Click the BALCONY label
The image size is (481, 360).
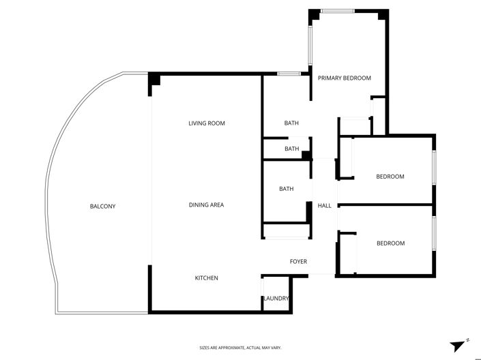(x=102, y=206)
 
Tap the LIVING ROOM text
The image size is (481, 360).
(x=207, y=123)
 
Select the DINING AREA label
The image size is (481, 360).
(x=207, y=205)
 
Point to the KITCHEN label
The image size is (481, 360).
(x=207, y=278)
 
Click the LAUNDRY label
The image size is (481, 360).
(x=276, y=299)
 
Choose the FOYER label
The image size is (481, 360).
(x=298, y=262)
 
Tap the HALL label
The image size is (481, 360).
(x=324, y=206)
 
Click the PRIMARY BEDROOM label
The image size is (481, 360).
(x=345, y=78)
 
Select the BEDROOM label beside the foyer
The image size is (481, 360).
(x=390, y=243)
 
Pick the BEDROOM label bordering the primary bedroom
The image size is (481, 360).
(x=390, y=177)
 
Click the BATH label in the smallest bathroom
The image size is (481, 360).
(x=291, y=149)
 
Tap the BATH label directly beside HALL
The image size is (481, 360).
(x=286, y=189)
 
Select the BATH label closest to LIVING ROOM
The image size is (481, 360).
(x=291, y=123)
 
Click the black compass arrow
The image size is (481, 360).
(x=457, y=346)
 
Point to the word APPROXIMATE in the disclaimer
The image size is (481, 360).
(x=231, y=348)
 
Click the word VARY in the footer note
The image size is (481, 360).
(x=274, y=348)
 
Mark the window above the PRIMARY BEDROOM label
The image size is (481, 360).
(x=338, y=11)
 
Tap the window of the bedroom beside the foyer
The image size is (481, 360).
(x=434, y=233)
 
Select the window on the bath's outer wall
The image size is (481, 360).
(x=289, y=73)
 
